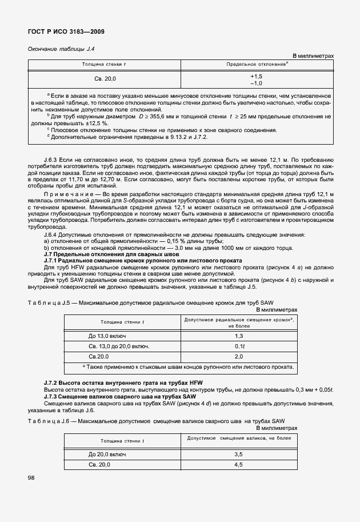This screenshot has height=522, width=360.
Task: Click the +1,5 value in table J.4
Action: [256, 76]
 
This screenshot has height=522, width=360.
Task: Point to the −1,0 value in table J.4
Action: [256, 83]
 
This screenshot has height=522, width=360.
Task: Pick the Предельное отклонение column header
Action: [257, 64]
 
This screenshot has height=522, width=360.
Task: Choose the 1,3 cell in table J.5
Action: [238, 336]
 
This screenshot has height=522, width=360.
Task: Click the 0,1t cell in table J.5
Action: [238, 346]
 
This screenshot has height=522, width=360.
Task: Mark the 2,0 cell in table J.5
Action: [238, 356]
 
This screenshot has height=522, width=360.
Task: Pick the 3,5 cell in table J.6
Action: [238, 454]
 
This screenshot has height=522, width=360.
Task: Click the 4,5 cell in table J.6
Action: [238, 464]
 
